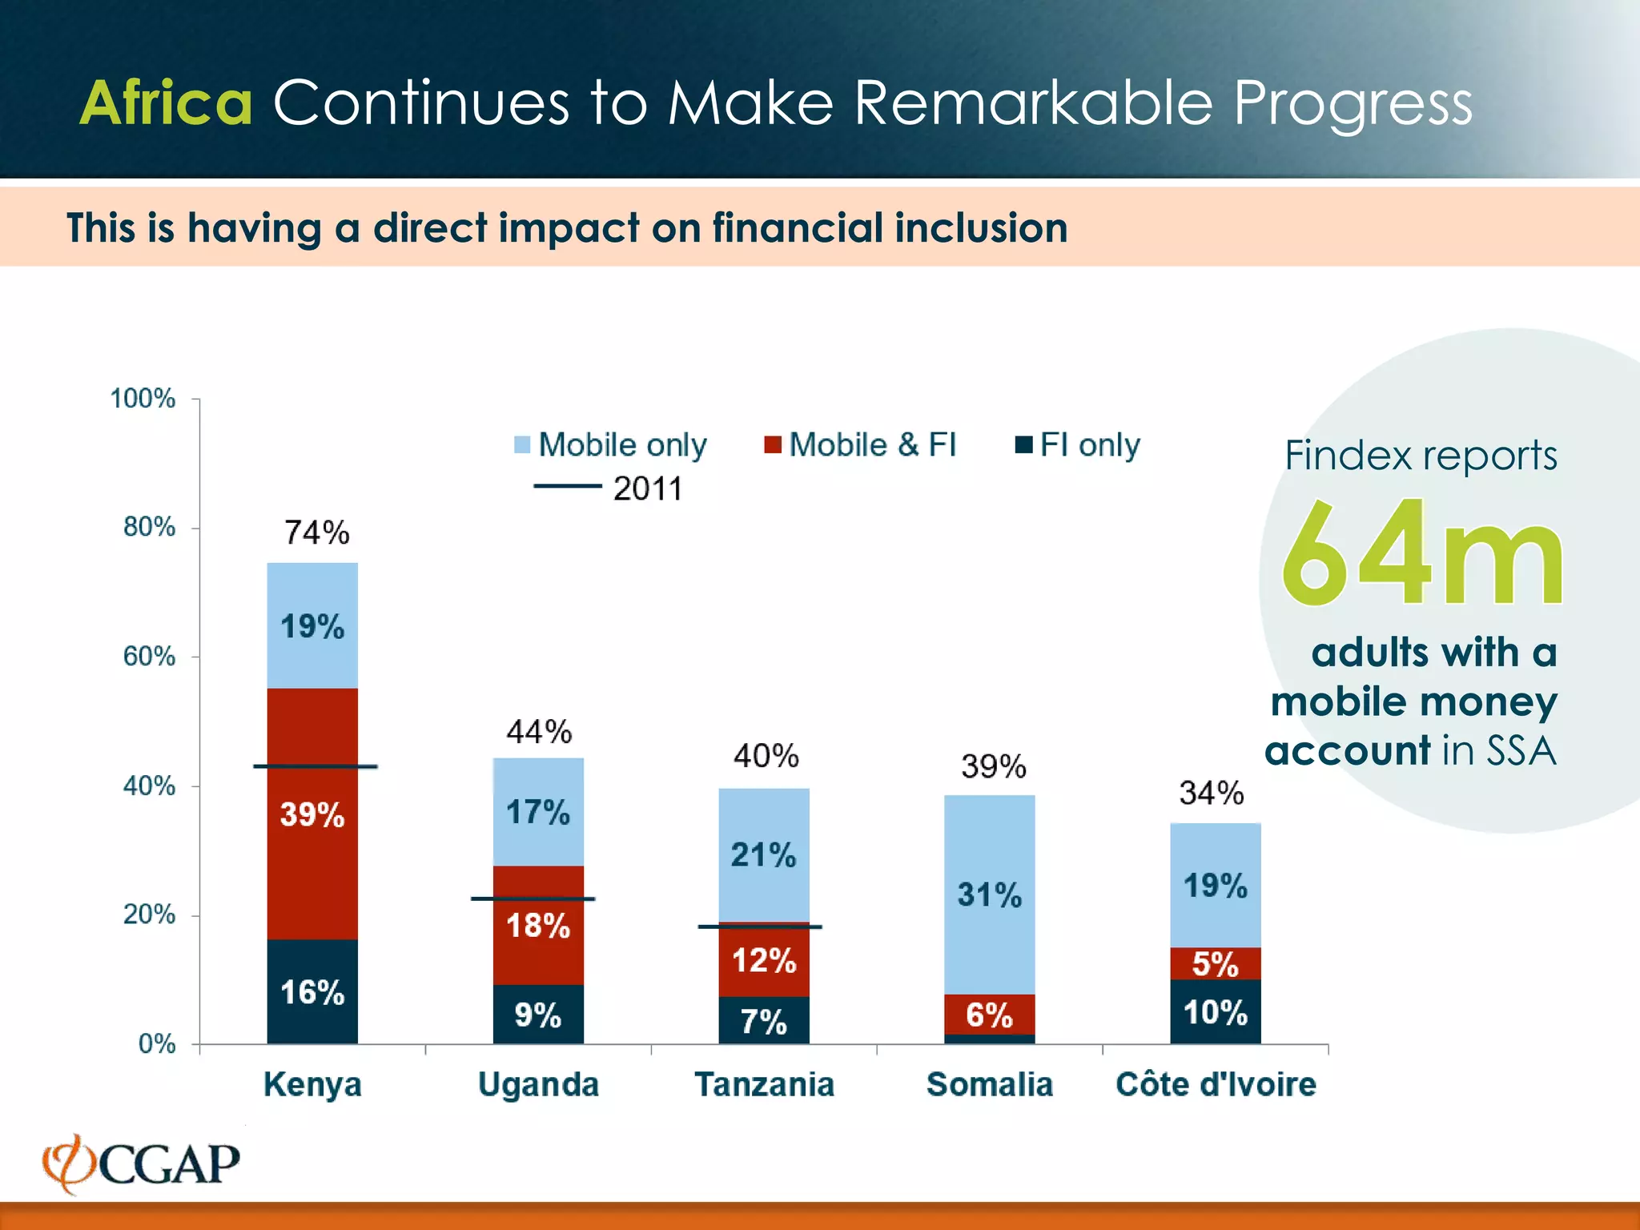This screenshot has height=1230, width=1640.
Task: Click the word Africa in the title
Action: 167,103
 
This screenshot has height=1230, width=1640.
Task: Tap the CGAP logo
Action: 142,1164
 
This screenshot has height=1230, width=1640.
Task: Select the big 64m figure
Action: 1422,553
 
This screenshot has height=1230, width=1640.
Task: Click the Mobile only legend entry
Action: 611,444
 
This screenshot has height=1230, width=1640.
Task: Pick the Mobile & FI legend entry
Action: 861,444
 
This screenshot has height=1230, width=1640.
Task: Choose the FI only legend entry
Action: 1078,444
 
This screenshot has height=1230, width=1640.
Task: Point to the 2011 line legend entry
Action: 609,488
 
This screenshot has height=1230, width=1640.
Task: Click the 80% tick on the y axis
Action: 149,527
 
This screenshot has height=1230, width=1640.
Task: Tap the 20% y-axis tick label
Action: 149,914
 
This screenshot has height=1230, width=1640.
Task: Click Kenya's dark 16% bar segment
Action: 312,992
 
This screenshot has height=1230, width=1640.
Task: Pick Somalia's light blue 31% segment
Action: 990,894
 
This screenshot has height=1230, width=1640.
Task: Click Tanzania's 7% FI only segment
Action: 764,1021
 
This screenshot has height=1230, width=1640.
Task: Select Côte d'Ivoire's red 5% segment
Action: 1215,963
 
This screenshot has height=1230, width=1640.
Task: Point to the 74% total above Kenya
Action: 317,533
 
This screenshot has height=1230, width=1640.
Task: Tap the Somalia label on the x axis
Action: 990,1084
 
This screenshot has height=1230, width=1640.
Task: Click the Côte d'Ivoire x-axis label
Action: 1216,1084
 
